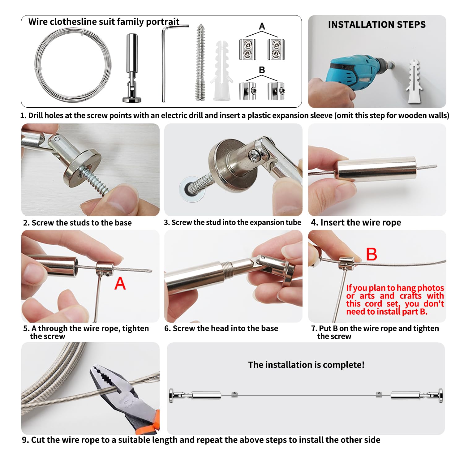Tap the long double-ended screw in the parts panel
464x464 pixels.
(200, 62)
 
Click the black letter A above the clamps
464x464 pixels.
(262, 26)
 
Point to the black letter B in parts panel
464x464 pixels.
(262, 70)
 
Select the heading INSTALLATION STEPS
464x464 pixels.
(377, 25)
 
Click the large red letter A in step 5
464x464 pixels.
(120, 283)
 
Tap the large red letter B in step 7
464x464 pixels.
(372, 254)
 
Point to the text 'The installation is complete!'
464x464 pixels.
(306, 365)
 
